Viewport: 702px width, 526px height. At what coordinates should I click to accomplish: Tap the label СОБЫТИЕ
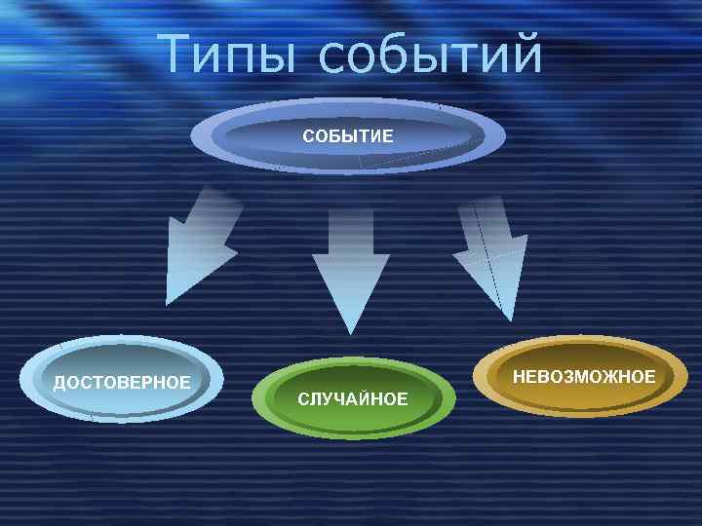(x=348, y=135)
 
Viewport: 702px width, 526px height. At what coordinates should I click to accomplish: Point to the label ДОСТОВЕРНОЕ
(x=122, y=381)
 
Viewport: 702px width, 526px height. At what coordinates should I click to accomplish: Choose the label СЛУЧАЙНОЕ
(x=353, y=399)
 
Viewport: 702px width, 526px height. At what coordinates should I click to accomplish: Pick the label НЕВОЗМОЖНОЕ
(x=584, y=376)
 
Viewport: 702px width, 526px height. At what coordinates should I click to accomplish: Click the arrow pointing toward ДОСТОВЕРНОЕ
(x=200, y=244)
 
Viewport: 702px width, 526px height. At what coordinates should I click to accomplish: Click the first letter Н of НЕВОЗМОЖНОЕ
(x=519, y=376)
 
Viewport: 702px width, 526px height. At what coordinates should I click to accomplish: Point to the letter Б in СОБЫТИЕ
(x=334, y=135)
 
